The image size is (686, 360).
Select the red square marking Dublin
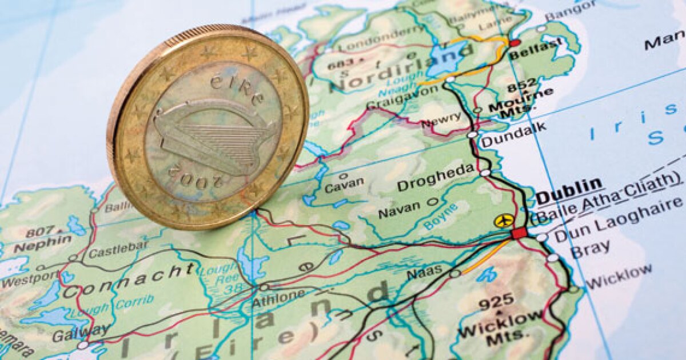519,233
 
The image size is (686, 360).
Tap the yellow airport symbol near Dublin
504,221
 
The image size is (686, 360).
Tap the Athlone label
278,297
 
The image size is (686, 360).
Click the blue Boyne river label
441,217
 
